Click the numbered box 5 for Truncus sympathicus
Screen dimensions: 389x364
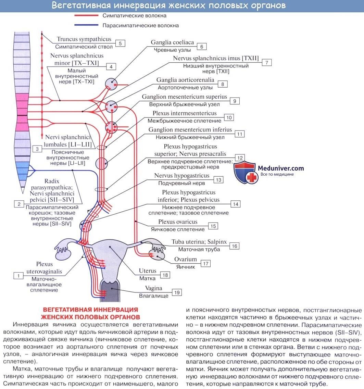[120, 43]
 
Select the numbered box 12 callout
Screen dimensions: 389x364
[240, 158]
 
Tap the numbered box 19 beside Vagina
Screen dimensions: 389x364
[177, 292]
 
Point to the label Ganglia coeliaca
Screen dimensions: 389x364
[172, 42]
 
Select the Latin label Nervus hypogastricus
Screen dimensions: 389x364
[181, 176]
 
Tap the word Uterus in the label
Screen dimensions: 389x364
[148, 271]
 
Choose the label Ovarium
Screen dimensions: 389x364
[186, 259]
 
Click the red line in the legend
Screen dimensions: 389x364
[87, 16]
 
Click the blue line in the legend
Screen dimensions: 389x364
[87, 25]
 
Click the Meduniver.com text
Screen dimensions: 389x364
[281, 168]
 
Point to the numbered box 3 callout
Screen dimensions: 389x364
[37, 149]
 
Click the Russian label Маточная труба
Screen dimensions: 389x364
[199, 249]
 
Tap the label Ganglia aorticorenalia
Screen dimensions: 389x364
[185, 80]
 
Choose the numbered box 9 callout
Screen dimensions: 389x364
[235, 101]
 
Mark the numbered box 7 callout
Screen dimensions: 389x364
[266, 62]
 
